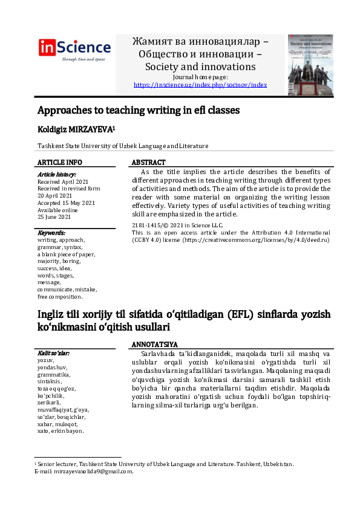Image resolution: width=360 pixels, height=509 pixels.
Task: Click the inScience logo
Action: (74, 49)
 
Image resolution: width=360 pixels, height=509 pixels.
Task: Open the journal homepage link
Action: (200, 85)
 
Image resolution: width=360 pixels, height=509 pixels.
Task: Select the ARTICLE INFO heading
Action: (60, 163)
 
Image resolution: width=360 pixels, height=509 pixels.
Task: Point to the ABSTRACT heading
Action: (148, 163)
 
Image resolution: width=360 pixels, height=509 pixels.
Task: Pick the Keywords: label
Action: (51, 233)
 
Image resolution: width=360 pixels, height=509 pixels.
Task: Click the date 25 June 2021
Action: (54, 217)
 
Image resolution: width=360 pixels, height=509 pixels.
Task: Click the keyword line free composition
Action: (60, 297)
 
